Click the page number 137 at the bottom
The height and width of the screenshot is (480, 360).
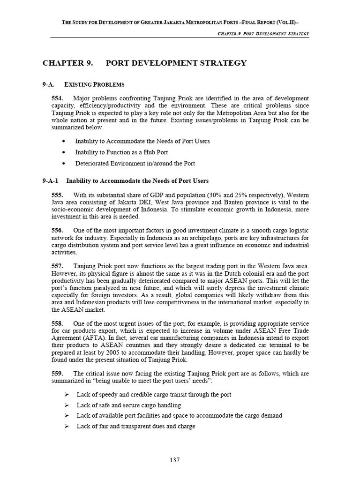(x=174, y=460)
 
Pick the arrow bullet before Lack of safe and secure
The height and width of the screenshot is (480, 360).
(x=67, y=405)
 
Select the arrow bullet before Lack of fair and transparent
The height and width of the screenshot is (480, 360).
(x=67, y=427)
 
